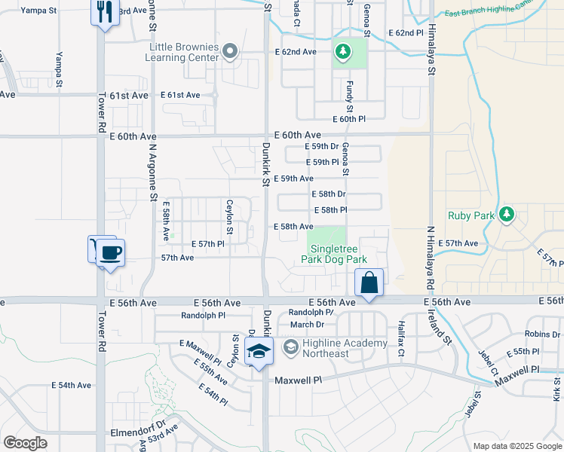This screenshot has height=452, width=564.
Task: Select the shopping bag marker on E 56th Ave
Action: tap(369, 283)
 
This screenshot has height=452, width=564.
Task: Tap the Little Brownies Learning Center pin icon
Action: tap(231, 52)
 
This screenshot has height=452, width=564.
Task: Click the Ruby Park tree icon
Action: tap(507, 215)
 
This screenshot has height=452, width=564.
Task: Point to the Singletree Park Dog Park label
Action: tap(334, 253)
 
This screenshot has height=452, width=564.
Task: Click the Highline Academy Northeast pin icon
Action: tap(290, 348)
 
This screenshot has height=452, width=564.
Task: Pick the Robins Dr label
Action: tap(543, 334)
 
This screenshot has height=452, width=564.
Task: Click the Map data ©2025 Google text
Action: tap(516, 446)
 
